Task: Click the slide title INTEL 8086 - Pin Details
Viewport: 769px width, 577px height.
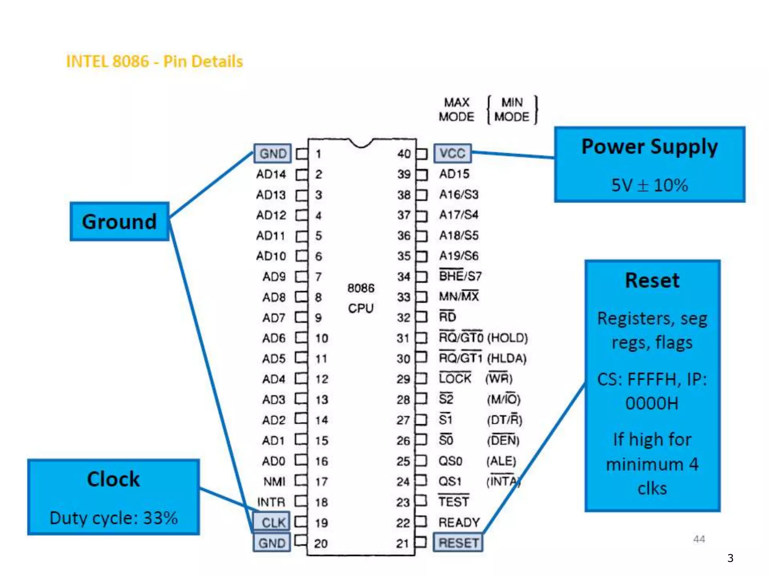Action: (154, 61)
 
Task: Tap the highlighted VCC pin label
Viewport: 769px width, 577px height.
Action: (452, 153)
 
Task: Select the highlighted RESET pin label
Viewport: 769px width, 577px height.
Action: (458, 543)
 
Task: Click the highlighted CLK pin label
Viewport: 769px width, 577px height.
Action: (273, 522)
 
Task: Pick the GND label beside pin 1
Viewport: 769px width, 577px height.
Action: (273, 153)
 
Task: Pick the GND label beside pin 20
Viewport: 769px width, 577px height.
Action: (272, 543)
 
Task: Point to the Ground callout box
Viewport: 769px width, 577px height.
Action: (119, 221)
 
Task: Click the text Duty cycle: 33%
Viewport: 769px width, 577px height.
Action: (113, 518)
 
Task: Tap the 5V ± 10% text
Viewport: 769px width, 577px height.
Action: (650, 185)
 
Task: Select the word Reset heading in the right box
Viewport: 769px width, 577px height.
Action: (652, 280)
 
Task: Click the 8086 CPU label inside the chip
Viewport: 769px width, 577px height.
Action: (361, 298)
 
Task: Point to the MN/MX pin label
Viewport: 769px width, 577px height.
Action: (459, 296)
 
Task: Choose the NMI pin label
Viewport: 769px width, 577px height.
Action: (274, 481)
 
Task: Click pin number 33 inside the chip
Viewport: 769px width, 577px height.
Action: (404, 297)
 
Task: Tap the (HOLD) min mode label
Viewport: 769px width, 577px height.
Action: (507, 338)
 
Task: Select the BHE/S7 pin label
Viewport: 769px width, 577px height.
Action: (460, 276)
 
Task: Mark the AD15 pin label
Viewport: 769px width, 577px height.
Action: (454, 174)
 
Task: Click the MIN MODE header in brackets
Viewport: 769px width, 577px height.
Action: (512, 109)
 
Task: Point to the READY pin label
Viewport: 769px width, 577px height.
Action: (459, 522)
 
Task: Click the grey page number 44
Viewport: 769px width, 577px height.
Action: (699, 539)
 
